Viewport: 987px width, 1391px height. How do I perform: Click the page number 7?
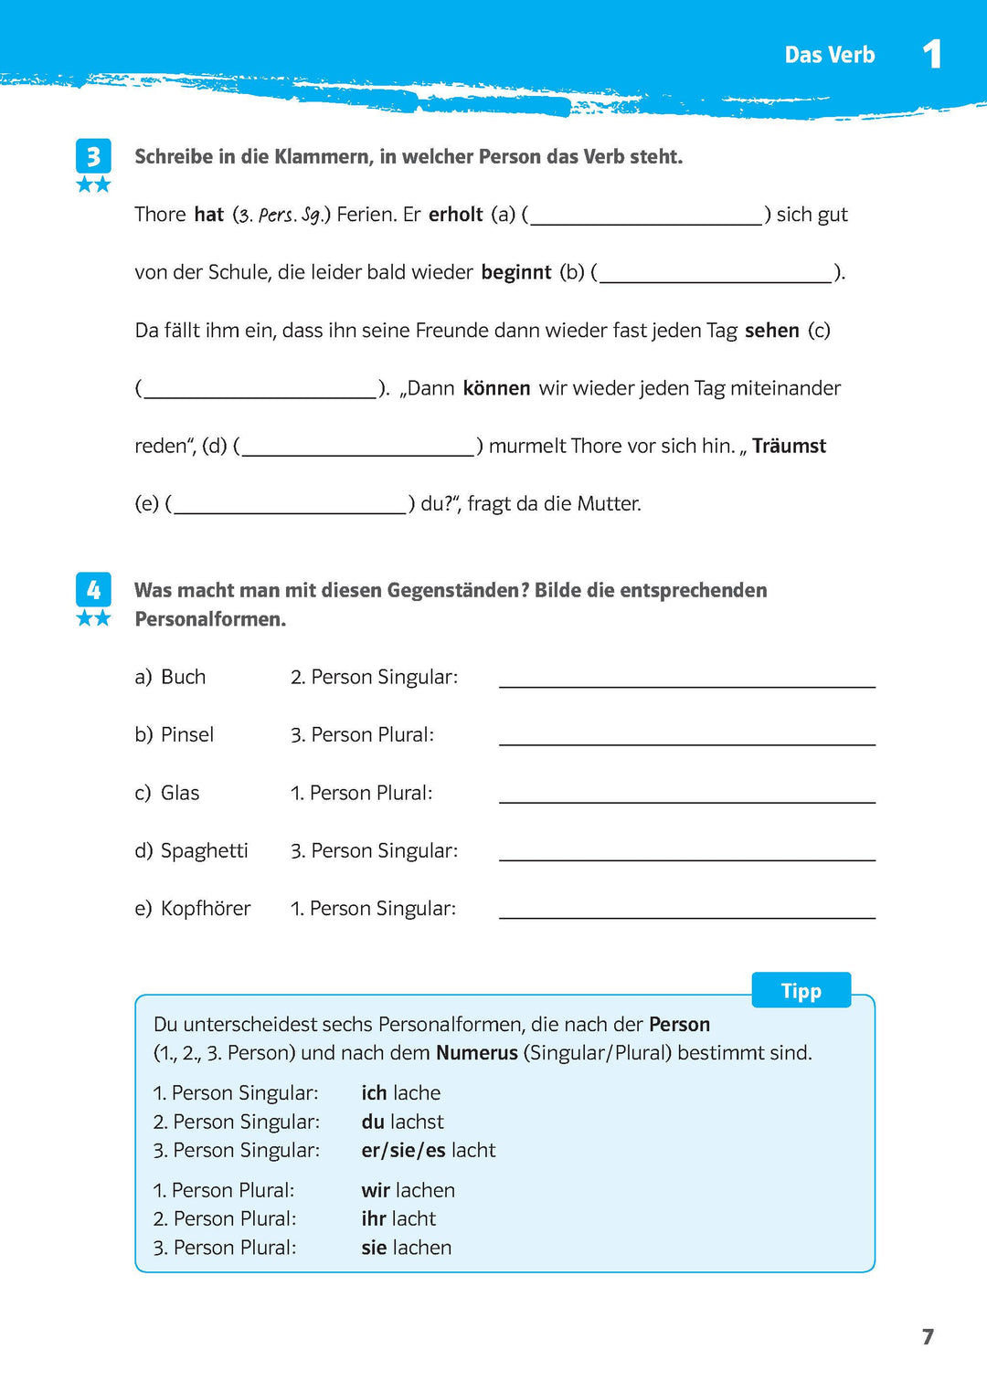pos(928,1336)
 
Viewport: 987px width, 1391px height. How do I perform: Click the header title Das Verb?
pos(829,55)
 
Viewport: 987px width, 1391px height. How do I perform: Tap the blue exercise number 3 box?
pos(93,156)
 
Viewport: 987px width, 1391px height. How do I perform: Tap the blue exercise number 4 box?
pos(93,590)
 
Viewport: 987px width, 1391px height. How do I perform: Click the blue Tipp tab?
pos(801,991)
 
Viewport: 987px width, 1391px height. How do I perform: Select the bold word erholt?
pos(455,215)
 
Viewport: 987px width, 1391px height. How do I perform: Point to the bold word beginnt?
pos(516,272)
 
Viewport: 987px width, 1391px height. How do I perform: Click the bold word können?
pos(496,388)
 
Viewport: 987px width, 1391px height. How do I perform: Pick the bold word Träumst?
pos(789,446)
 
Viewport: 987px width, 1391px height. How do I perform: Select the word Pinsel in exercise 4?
pos(187,734)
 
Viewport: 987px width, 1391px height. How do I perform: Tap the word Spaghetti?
pos(204,850)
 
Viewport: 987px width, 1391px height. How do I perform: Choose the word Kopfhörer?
pos(206,908)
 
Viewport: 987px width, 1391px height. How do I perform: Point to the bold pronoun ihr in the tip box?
pos(374,1218)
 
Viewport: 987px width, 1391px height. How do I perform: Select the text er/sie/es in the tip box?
pos(403,1150)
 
